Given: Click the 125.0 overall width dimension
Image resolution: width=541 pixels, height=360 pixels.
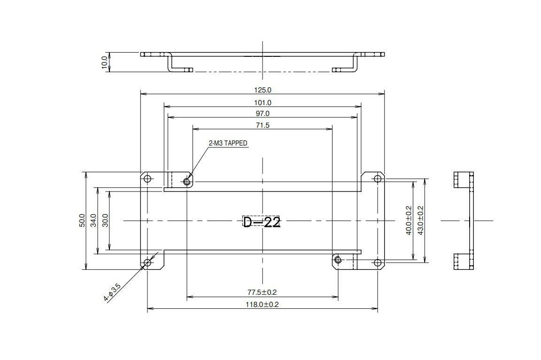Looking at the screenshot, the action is (263, 90).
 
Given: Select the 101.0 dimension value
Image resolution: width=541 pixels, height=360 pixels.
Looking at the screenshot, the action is (263, 103).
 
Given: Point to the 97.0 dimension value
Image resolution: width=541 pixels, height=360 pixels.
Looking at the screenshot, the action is (263, 114).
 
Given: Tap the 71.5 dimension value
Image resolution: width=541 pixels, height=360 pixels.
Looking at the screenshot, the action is (263, 125).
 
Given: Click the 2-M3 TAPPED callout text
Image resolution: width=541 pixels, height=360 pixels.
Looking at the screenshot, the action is (228, 143).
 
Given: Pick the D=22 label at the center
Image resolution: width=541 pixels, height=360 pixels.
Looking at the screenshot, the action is (262, 222).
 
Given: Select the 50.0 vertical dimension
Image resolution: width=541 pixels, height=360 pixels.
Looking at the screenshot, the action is (82, 220).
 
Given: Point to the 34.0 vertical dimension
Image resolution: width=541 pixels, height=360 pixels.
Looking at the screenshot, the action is (93, 220).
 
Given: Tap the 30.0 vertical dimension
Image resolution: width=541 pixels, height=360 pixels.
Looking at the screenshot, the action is (106, 220).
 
